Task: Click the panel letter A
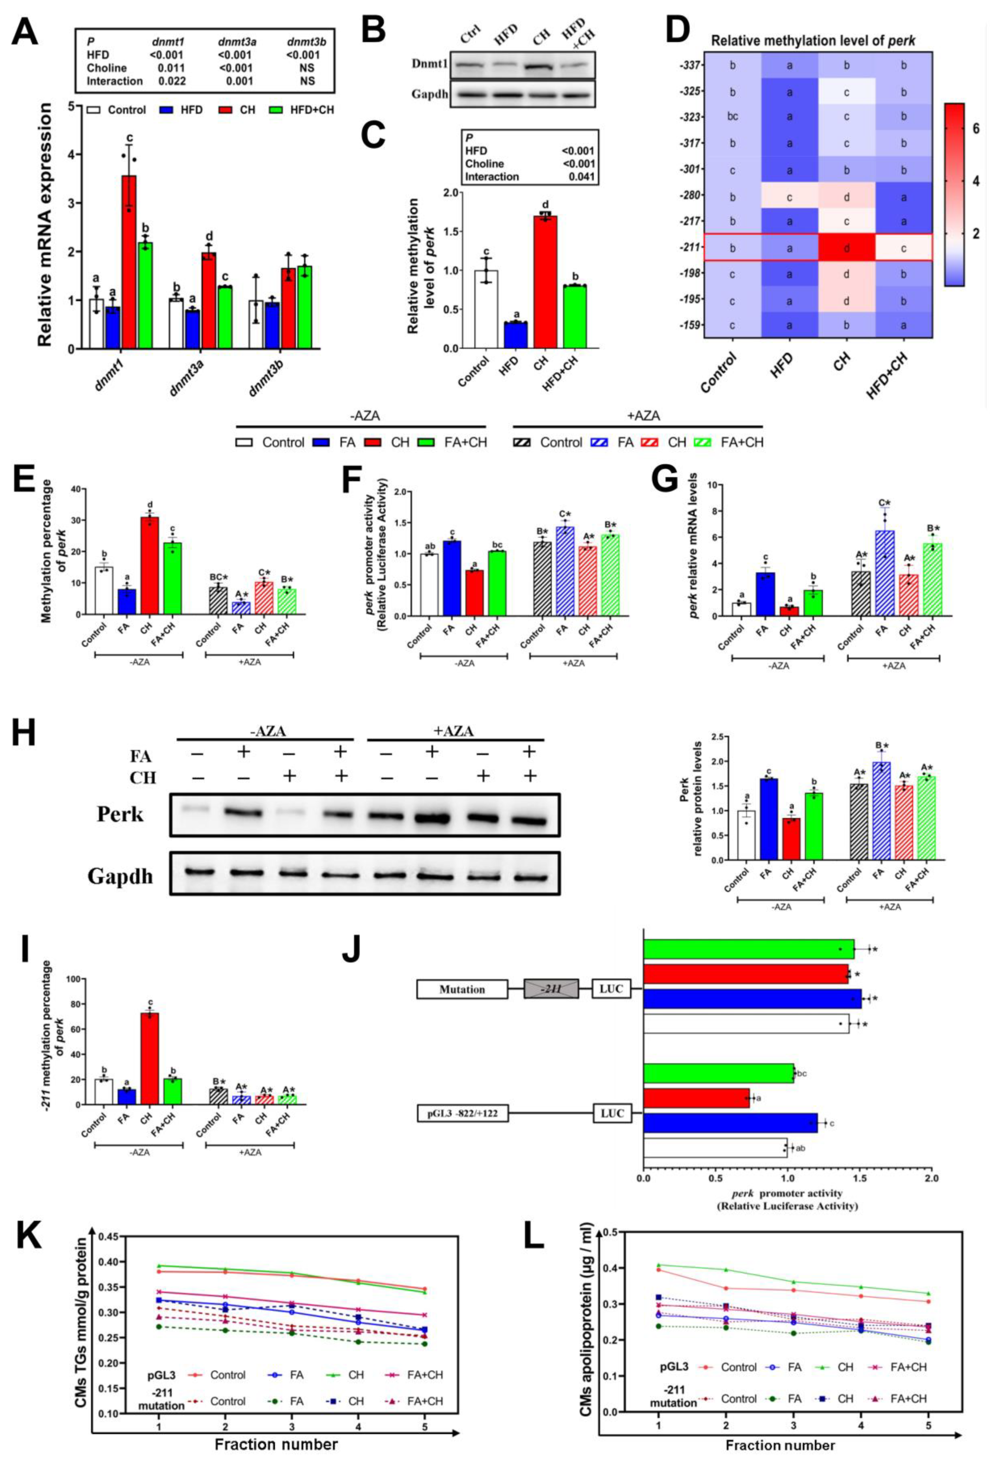tap(25, 33)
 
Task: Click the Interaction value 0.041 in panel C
tap(581, 176)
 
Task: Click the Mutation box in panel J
tap(462, 989)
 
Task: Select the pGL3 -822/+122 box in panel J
tap(462, 1113)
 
